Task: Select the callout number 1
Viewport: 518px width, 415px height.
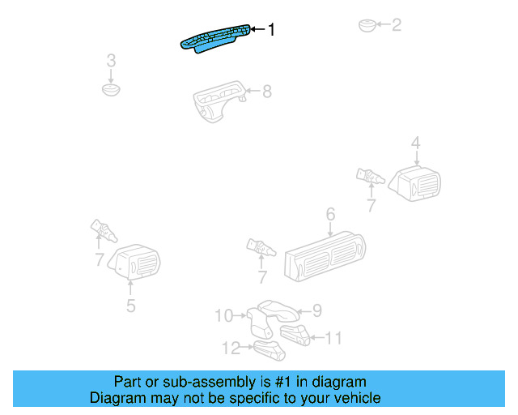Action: [x=271, y=30]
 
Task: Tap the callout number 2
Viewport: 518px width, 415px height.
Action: [x=396, y=25]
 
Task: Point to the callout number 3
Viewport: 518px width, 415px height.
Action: [x=112, y=60]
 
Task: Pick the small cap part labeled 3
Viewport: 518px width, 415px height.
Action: [x=112, y=88]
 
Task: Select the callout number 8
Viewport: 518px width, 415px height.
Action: [x=266, y=92]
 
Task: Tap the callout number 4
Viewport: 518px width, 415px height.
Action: [x=415, y=143]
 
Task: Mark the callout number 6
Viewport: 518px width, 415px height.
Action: [x=330, y=215]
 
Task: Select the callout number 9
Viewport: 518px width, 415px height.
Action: [x=317, y=310]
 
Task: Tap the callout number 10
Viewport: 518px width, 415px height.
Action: [x=223, y=315]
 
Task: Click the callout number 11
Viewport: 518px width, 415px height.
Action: [x=334, y=338]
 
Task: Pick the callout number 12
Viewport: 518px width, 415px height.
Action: [x=231, y=348]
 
